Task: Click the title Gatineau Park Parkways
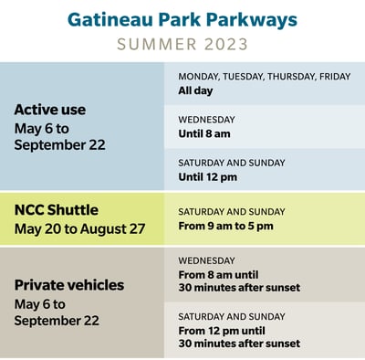click(182, 18)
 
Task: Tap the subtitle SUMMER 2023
click(182, 45)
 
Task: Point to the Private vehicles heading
click(68, 285)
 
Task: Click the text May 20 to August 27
click(79, 228)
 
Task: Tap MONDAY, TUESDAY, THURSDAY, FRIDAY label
click(264, 77)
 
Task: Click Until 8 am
click(207, 133)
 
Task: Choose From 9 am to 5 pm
click(225, 226)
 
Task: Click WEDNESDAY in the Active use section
click(206, 120)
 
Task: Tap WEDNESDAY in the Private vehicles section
click(206, 260)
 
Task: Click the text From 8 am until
click(219, 274)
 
